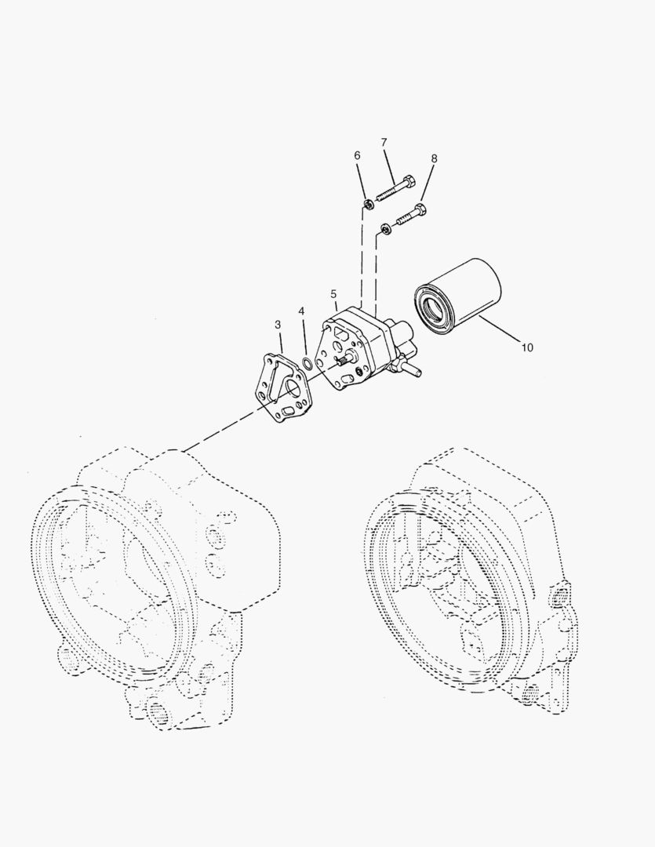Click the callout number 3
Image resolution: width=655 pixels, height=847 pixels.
click(278, 324)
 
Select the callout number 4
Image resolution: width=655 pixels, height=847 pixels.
click(301, 311)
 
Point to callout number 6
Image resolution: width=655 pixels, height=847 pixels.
click(358, 156)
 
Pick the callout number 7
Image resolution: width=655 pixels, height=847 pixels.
click(384, 142)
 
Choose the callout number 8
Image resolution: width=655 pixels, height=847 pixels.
click(434, 158)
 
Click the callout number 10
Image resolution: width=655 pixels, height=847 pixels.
click(527, 347)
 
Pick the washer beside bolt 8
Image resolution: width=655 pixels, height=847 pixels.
click(385, 229)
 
